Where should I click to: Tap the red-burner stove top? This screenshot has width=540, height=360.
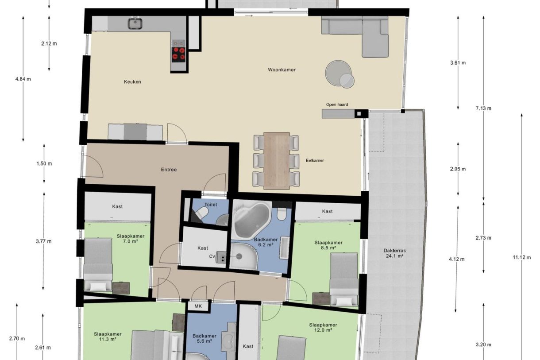pos(178,53)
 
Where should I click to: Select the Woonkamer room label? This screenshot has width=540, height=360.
pos(282,70)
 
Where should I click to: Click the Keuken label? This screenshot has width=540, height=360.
pos(132,82)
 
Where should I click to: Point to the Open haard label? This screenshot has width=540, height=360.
pos(337,105)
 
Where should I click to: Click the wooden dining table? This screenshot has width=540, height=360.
pos(277,160)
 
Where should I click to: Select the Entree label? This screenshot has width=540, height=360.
pos(168,170)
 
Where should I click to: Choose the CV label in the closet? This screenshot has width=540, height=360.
pos(212,256)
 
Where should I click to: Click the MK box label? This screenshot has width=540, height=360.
pos(197,306)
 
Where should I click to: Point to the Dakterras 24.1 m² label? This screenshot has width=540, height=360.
pos(395,253)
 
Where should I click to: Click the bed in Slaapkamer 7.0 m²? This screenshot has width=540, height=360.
pos(98,264)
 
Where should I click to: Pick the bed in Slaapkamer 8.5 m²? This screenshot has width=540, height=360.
pos(344,279)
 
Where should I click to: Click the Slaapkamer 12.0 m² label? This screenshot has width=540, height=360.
pos(323,327)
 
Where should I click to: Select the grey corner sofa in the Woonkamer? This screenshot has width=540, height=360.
pos(359,33)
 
